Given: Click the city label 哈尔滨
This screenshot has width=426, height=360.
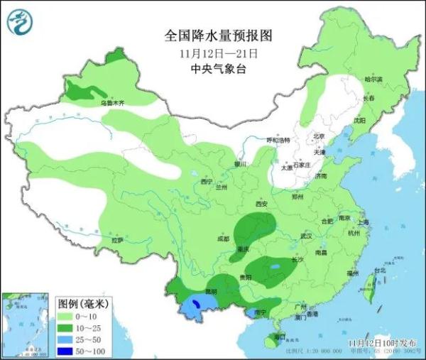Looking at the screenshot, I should [x=373, y=80].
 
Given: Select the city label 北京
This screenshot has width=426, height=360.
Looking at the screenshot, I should [x=319, y=136].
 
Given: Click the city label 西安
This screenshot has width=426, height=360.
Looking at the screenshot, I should [x=261, y=204].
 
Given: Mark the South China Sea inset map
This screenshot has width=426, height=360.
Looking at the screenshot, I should [x=26, y=324].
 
